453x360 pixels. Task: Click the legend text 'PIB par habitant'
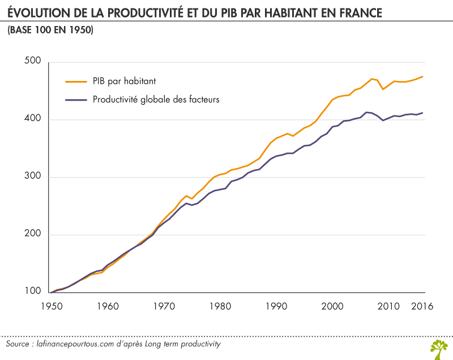[124, 81]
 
